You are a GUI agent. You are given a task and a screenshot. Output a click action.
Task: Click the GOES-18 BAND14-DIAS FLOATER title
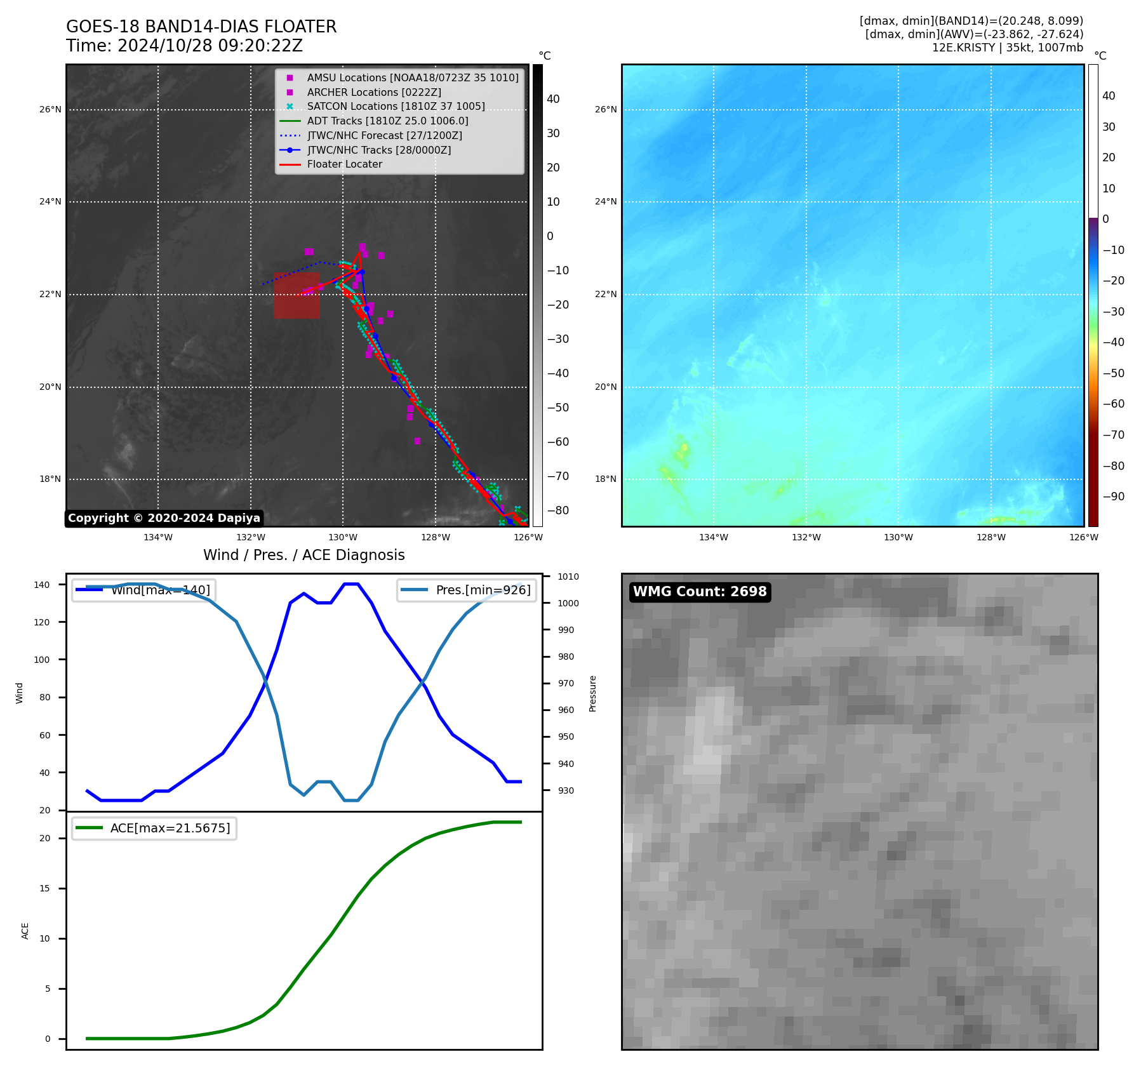[201, 27]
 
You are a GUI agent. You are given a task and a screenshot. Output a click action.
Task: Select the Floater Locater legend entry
[344, 164]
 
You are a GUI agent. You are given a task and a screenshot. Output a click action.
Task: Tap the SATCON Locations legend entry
[396, 107]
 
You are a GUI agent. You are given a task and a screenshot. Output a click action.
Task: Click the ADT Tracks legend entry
[387, 121]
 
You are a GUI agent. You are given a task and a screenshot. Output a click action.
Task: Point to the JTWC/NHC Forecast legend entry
[384, 136]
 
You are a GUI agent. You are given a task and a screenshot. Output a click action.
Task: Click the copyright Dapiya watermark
[164, 518]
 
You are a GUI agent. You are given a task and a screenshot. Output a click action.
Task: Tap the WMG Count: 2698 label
[700, 592]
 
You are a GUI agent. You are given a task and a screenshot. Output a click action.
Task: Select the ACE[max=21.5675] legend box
[154, 829]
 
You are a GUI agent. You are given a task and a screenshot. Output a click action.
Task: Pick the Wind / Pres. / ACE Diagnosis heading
[304, 555]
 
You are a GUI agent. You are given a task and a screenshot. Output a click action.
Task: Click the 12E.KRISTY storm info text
[1007, 48]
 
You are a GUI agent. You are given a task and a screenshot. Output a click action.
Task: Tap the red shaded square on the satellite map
[297, 296]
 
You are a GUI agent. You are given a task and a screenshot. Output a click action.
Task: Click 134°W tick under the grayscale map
[158, 538]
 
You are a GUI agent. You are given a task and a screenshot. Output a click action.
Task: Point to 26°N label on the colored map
[605, 110]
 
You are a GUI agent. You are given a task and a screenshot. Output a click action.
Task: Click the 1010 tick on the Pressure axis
[568, 577]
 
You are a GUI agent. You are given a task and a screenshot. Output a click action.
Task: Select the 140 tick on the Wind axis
[42, 585]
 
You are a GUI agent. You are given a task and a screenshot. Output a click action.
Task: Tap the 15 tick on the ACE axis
[44, 888]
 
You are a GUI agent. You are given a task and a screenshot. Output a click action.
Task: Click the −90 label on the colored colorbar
[1113, 497]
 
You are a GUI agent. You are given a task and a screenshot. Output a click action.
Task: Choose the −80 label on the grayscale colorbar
[558, 510]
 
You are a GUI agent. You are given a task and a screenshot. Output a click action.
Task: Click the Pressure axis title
[592, 693]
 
